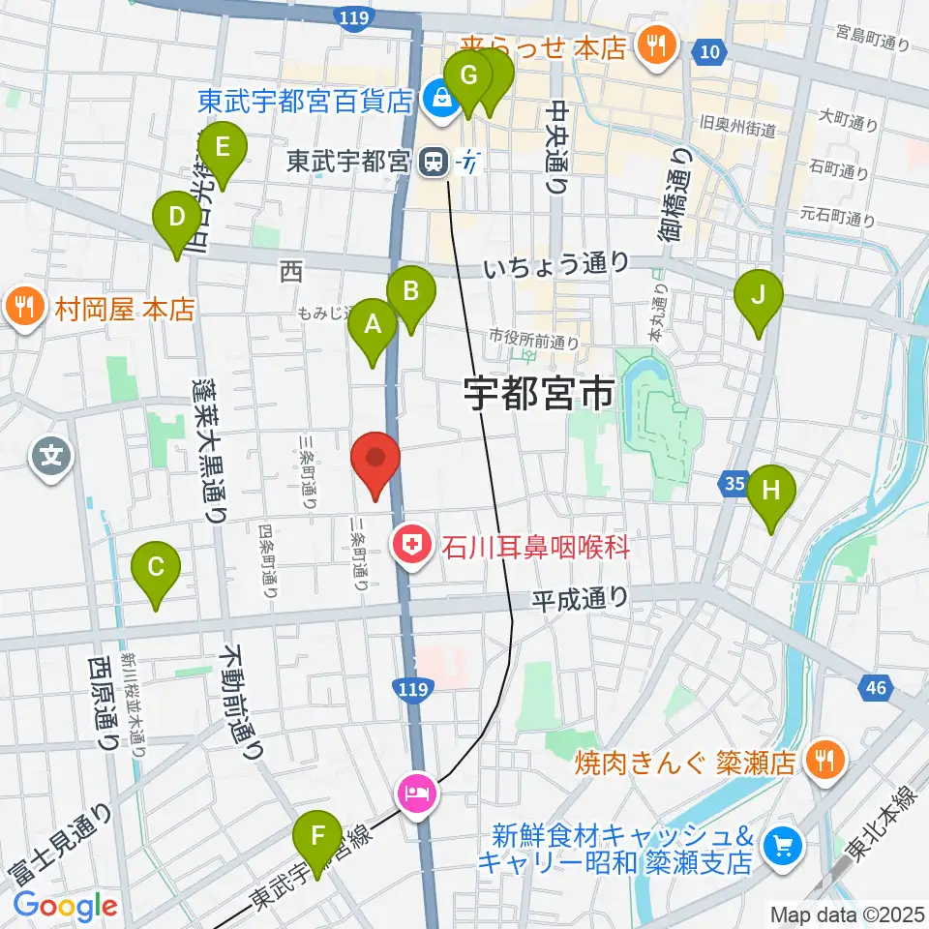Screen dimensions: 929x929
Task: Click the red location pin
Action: tap(375, 464)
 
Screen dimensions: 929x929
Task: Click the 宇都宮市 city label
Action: tap(538, 394)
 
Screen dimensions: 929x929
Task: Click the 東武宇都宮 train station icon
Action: tap(435, 162)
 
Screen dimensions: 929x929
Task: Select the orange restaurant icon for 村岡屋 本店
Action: tap(23, 309)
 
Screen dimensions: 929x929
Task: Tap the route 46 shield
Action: tap(875, 689)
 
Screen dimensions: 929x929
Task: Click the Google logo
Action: tap(65, 907)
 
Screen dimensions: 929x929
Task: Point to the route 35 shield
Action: tap(734, 481)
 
